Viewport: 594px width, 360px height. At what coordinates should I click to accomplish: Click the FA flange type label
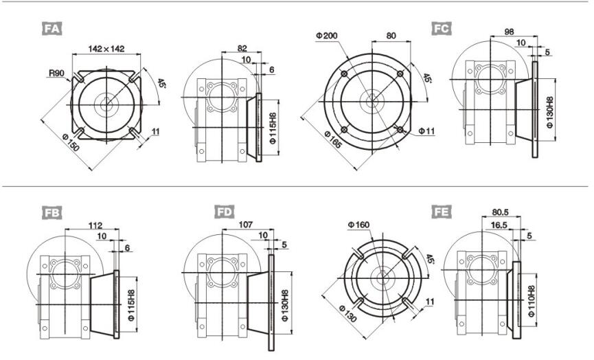coord(52,29)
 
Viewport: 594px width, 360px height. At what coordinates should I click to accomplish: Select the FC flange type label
coord(442,28)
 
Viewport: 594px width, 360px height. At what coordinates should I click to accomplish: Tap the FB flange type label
coord(52,212)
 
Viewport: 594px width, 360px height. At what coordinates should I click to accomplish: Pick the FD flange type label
coord(225,212)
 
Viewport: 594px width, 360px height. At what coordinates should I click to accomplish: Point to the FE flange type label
coord(442,212)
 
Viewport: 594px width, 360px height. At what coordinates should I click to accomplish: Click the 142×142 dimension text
coord(106,49)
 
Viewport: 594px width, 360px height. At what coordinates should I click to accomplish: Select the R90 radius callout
coord(56,73)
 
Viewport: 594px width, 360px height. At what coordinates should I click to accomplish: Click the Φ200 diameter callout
coord(327,36)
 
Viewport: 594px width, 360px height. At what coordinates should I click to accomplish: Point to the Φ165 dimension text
coord(333,140)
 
